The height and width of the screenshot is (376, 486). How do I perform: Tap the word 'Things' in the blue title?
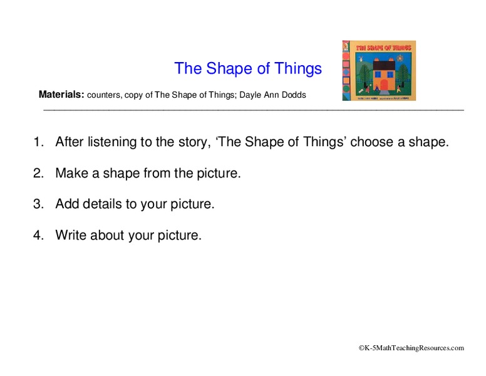pos(297,68)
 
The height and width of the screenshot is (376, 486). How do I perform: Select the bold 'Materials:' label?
pos(61,95)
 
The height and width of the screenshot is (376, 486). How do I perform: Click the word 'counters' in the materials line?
pos(103,95)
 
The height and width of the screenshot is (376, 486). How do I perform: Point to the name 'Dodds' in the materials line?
pos(293,95)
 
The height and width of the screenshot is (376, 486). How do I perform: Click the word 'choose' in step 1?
pos(373,142)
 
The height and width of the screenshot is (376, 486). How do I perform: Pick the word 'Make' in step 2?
pos(72,173)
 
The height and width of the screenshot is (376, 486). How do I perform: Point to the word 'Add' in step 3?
pos(67,204)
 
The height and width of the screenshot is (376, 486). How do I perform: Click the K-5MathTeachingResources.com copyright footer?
pos(411,348)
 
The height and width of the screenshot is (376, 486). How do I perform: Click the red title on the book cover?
pos(383,48)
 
